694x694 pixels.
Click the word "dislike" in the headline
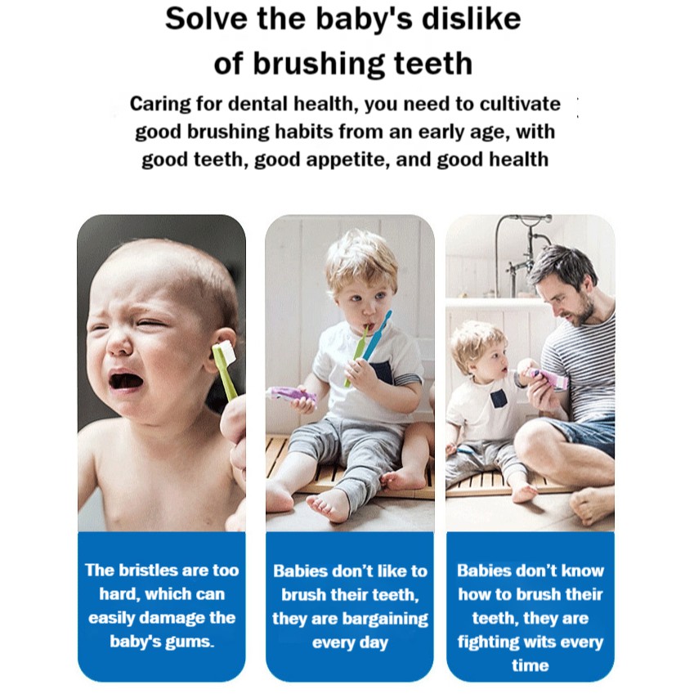(x=471, y=20)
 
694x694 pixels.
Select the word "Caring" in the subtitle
(x=160, y=105)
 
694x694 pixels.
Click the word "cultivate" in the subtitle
(x=520, y=104)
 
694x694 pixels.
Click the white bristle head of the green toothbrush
(x=226, y=351)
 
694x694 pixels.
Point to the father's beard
(x=580, y=312)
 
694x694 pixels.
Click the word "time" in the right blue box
(x=530, y=665)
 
